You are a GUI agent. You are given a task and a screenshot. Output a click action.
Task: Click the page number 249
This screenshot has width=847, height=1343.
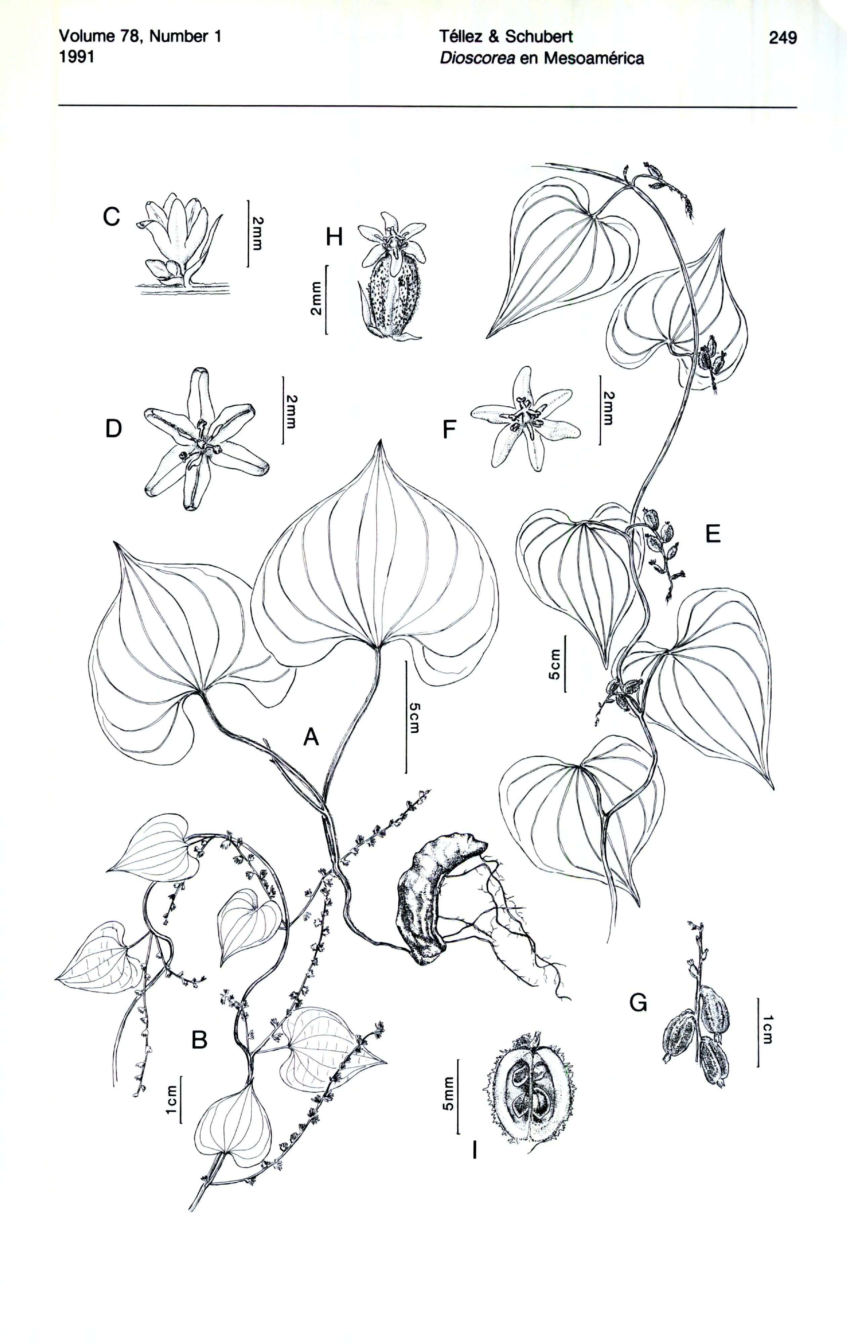782,38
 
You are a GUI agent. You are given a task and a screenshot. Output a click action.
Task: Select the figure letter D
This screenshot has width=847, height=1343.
113,429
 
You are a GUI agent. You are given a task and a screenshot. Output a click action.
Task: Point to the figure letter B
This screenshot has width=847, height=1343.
199,1039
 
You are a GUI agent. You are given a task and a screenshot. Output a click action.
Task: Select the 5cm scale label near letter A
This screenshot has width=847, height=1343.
413,718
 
